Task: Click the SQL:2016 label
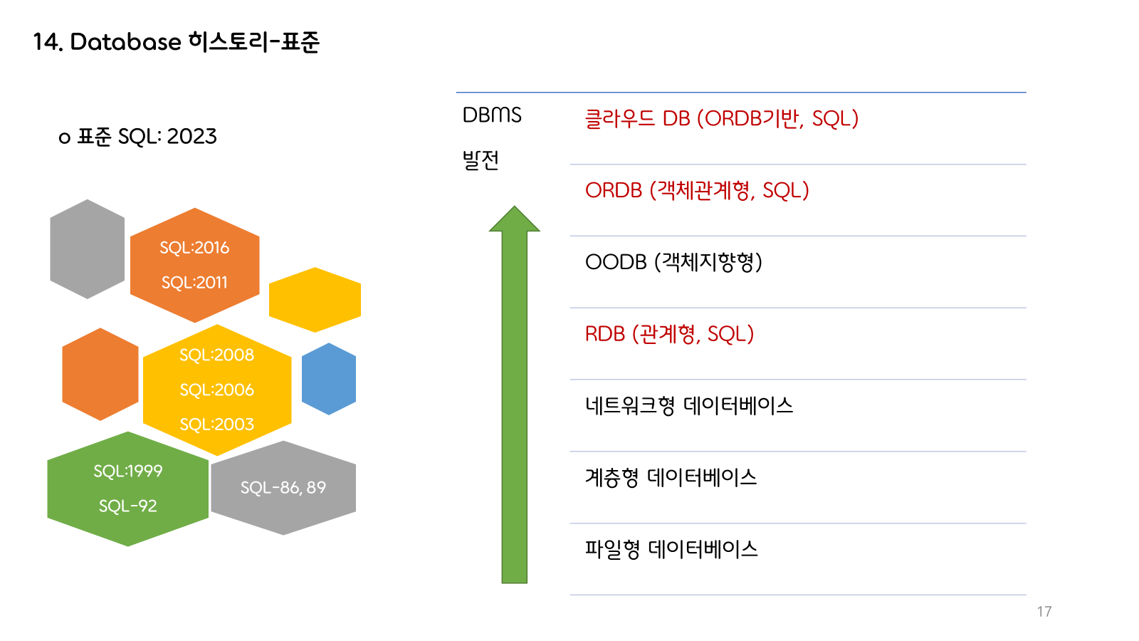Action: [x=194, y=248]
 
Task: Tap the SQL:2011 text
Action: [x=194, y=283]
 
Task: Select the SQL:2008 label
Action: [x=216, y=355]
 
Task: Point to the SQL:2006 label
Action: [x=216, y=390]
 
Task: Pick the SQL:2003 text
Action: [x=216, y=424]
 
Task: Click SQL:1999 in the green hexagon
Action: [x=128, y=471]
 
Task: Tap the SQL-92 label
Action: [x=128, y=506]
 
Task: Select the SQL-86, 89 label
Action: [x=283, y=488]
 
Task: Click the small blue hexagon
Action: [x=329, y=379]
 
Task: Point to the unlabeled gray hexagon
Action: [x=88, y=249]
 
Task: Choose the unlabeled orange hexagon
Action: [x=100, y=374]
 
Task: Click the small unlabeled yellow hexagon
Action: [x=315, y=300]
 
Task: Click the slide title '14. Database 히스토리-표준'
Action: [x=177, y=42]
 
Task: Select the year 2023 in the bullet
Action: [x=191, y=136]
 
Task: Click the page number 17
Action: [x=1044, y=612]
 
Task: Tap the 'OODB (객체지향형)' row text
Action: [x=673, y=262]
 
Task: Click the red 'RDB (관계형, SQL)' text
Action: [x=669, y=334]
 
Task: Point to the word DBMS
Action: [x=492, y=115]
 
